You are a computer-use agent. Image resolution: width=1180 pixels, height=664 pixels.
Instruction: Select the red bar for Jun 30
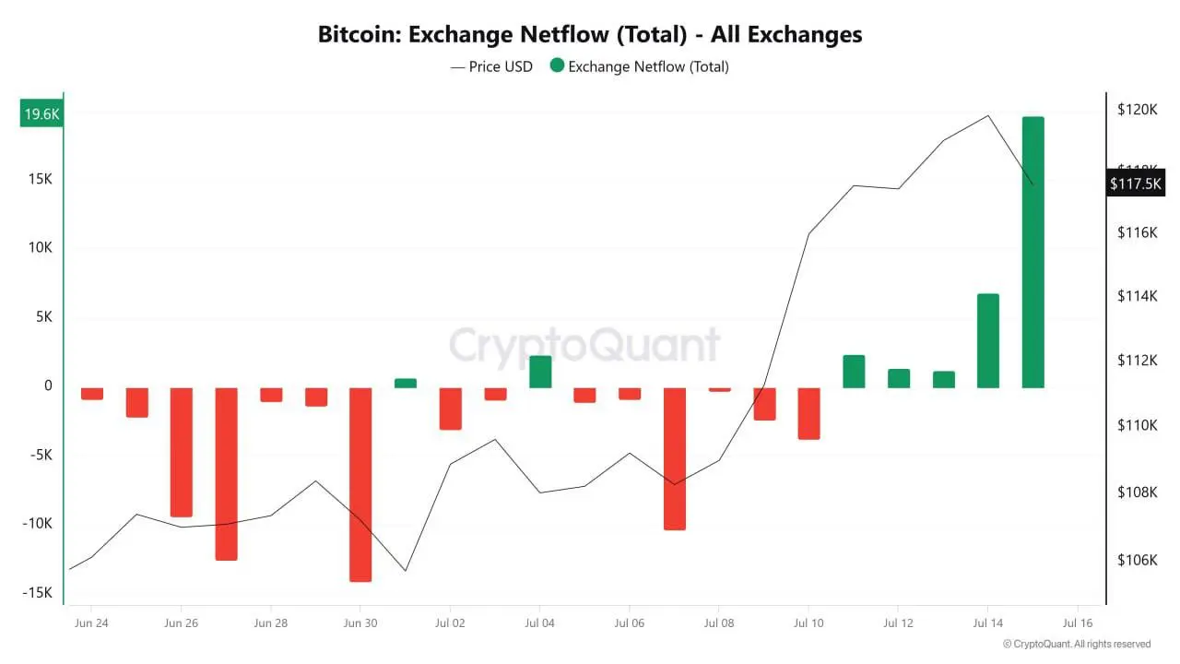click(x=360, y=484)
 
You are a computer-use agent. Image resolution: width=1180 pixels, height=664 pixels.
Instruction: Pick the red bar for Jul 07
click(x=675, y=458)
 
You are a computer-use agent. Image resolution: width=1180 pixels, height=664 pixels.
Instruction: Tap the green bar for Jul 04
click(x=540, y=372)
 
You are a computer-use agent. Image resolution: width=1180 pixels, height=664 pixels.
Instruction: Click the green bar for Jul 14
click(x=988, y=340)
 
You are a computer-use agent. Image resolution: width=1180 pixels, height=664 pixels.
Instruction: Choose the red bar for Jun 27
click(x=226, y=473)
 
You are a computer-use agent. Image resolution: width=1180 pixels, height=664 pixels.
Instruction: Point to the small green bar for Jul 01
click(x=406, y=383)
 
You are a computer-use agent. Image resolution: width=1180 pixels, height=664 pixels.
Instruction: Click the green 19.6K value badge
click(x=42, y=114)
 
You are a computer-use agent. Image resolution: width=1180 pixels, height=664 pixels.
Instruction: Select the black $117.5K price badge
click(x=1136, y=184)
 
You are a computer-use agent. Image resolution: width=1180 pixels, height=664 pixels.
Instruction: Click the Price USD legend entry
click(x=491, y=66)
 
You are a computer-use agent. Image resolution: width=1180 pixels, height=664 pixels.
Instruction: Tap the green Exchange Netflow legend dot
click(x=557, y=66)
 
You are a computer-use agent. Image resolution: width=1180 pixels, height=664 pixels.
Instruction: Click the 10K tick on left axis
click(x=41, y=248)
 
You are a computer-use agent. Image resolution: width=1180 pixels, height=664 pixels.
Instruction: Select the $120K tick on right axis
click(x=1138, y=110)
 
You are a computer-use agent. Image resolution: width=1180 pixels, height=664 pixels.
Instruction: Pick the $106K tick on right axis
click(x=1138, y=560)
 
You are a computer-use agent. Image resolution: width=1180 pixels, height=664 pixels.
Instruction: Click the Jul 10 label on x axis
click(x=808, y=623)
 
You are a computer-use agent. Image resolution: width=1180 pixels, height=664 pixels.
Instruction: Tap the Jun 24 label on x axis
click(x=90, y=623)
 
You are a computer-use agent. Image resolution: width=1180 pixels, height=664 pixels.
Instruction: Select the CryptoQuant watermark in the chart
click(x=584, y=346)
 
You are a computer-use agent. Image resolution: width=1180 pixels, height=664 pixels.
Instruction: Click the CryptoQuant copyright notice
click(x=1077, y=644)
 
